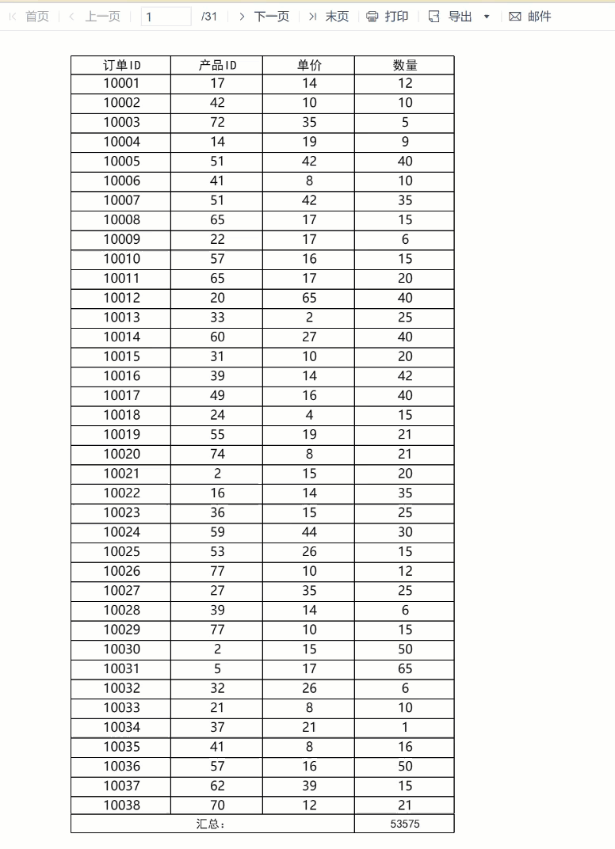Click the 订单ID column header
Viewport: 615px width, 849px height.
click(x=121, y=65)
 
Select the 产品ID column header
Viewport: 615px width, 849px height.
click(x=217, y=65)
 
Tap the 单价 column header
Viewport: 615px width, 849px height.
click(x=309, y=65)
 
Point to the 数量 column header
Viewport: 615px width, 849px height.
click(x=405, y=65)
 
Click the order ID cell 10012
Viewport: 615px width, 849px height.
click(x=121, y=298)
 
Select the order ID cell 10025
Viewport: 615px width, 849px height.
click(x=121, y=551)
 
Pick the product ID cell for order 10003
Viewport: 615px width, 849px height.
click(x=217, y=122)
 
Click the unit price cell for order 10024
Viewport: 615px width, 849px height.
click(x=309, y=532)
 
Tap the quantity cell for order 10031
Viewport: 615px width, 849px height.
click(x=405, y=668)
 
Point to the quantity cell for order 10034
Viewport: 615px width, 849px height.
click(x=405, y=727)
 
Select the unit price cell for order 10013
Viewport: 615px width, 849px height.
click(x=309, y=318)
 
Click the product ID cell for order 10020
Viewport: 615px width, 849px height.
click(x=217, y=454)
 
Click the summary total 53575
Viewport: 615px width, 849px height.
click(x=405, y=824)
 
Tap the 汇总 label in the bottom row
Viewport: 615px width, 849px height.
click(x=212, y=824)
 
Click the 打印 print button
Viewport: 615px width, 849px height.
click(x=388, y=17)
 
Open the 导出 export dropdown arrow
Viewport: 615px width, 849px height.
click(x=487, y=17)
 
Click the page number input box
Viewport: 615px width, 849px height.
click(x=166, y=17)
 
